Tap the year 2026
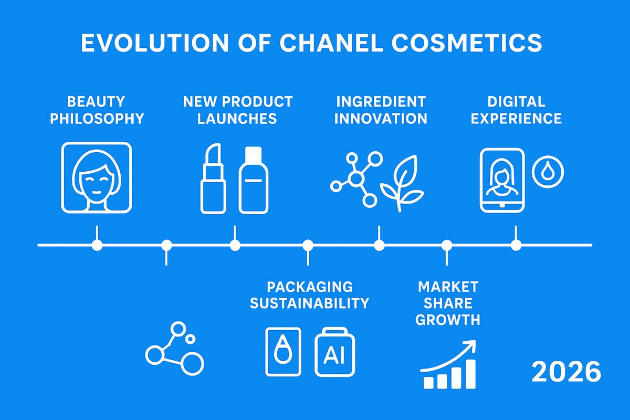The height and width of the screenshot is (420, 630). [x=566, y=372]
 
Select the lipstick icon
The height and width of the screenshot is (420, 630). [x=213, y=180]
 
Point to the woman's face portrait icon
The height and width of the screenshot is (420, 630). [x=97, y=177]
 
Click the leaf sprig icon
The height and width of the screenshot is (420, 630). [x=402, y=183]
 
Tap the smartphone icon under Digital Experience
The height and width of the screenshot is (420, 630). [x=502, y=180]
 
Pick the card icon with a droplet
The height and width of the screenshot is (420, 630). [x=283, y=352]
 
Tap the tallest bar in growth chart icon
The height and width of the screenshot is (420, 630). [x=470, y=373]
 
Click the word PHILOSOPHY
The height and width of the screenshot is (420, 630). [x=97, y=118]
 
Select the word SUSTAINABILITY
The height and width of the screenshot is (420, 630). [x=309, y=303]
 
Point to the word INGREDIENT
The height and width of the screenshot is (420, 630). [x=381, y=101]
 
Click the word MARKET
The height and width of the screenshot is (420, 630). [x=448, y=287]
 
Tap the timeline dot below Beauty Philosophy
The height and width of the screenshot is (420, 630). [x=97, y=245]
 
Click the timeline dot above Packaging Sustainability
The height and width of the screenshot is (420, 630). [x=308, y=245]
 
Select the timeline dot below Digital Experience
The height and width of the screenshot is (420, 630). [x=516, y=245]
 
